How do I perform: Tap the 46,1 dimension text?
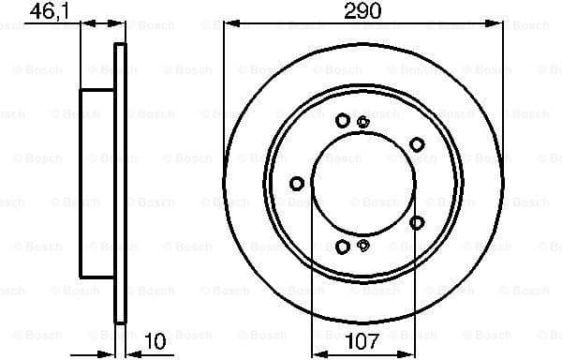pyautogui.click(x=49, y=11)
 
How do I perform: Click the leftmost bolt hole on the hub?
pyautogui.click(x=297, y=183)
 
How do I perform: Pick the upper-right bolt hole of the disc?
pyautogui.click(x=417, y=143)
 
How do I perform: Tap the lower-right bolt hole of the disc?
pyautogui.click(x=417, y=222)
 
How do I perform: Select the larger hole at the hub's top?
pyautogui.click(x=343, y=119)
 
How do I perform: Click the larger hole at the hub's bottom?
pyautogui.click(x=343, y=247)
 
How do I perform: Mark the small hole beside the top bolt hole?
pyautogui.click(x=363, y=119)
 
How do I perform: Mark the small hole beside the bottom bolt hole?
pyautogui.click(x=363, y=246)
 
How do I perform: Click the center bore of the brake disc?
pyautogui.click(x=362, y=183)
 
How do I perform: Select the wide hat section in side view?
pyautogui.click(x=97, y=183)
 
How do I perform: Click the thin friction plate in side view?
pyautogui.click(x=119, y=183)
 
